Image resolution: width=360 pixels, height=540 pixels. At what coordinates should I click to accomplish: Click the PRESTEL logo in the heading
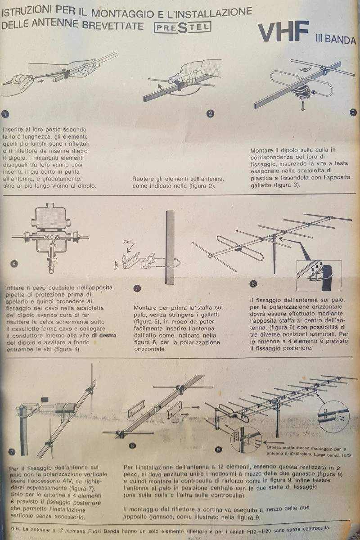pos(182,27)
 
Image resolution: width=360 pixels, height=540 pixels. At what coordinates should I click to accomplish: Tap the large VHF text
pos(283,33)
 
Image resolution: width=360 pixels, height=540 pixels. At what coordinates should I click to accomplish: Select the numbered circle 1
pos(5,113)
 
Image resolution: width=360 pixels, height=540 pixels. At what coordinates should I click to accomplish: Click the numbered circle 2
pos(210,113)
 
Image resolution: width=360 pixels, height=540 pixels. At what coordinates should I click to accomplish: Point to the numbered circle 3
pos(353,112)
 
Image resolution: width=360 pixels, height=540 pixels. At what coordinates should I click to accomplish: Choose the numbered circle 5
pos(137,288)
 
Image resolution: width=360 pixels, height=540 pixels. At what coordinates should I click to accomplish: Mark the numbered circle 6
pos(253,283)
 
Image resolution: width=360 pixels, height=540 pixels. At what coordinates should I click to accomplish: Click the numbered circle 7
pos(12,451)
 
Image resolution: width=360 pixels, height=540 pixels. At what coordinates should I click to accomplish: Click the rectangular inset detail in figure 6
pos(318,275)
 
